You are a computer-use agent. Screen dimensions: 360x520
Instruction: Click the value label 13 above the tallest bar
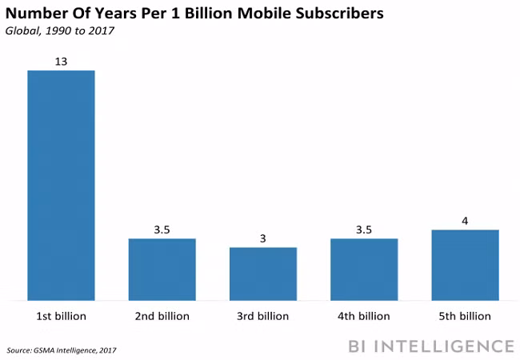click(61, 61)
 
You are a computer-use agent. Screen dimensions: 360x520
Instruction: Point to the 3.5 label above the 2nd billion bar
click(162, 230)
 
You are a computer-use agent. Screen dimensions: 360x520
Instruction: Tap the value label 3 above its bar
click(263, 238)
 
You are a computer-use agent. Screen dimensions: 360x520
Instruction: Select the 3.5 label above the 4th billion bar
click(364, 230)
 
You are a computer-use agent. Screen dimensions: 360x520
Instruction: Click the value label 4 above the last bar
click(465, 221)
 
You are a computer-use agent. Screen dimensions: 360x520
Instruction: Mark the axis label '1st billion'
click(61, 316)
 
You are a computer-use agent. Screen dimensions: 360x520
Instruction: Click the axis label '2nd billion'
click(162, 316)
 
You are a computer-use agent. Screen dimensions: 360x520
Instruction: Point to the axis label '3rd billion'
click(263, 316)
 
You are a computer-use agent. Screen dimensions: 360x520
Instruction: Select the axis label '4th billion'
click(364, 316)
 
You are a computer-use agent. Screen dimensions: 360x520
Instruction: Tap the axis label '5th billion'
click(465, 316)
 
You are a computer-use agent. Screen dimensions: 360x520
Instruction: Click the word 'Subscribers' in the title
click(332, 14)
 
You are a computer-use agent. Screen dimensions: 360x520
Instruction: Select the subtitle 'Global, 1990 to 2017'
click(59, 30)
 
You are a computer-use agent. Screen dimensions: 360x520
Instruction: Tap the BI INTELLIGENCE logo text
click(430, 346)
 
